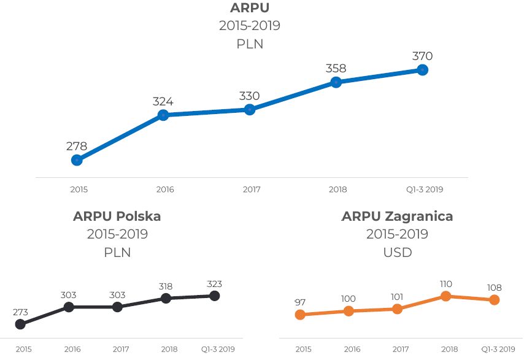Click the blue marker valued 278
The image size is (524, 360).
pyautogui.click(x=77, y=160)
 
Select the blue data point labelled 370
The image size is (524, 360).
pyautogui.click(x=422, y=70)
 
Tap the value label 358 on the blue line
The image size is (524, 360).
pyautogui.click(x=336, y=68)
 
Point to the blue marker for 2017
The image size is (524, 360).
pyautogui.click(x=250, y=110)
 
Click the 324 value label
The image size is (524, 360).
pyautogui.click(x=163, y=101)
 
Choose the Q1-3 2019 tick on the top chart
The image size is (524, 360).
pyautogui.click(x=424, y=190)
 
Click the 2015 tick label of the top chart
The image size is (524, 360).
pyautogui.click(x=79, y=190)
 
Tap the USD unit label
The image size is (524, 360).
pyautogui.click(x=397, y=252)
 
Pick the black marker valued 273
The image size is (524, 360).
pyautogui.click(x=20, y=324)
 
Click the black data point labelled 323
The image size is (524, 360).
pyautogui.click(x=214, y=296)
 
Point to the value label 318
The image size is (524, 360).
pyautogui.click(x=166, y=286)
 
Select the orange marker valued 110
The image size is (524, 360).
pyautogui.click(x=446, y=296)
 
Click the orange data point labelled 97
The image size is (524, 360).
pyautogui.click(x=300, y=315)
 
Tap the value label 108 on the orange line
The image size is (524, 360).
pyautogui.click(x=494, y=288)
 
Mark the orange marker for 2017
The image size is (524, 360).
pyautogui.click(x=397, y=308)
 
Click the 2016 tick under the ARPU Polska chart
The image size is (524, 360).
pyautogui.click(x=72, y=349)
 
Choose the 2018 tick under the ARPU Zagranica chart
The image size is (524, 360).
pyautogui.click(x=449, y=349)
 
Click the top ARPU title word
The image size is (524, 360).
pyautogui.click(x=250, y=8)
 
